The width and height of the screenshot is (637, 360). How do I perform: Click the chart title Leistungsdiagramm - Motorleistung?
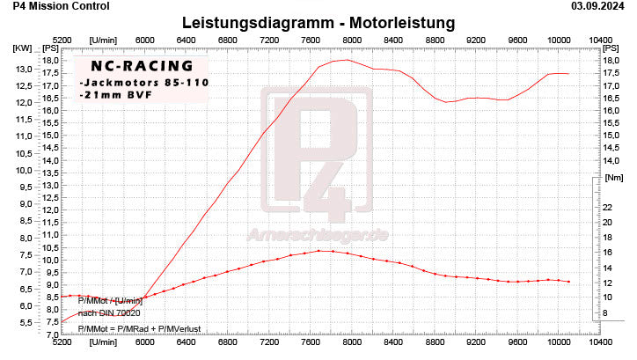(x=318, y=21)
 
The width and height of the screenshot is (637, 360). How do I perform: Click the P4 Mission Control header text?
(x=49, y=5)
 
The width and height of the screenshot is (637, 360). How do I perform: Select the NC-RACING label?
(x=134, y=66)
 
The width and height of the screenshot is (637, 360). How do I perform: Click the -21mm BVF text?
(x=111, y=93)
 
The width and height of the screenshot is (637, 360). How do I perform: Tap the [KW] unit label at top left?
(x=21, y=48)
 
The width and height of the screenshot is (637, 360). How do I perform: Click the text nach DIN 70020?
(x=109, y=312)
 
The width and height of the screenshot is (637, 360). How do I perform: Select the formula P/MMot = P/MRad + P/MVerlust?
(x=139, y=328)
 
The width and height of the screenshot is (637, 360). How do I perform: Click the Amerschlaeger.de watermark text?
(x=318, y=234)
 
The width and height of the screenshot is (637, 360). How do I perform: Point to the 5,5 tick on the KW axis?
(x=24, y=324)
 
